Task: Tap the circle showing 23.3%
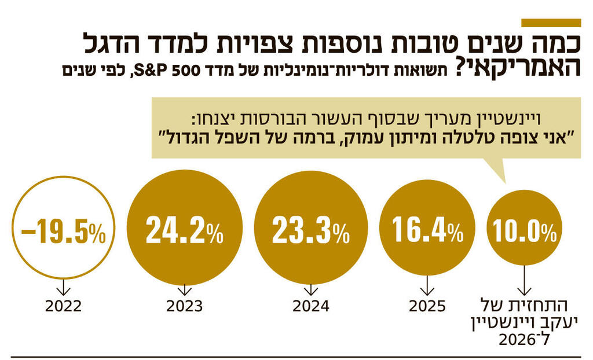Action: click(x=310, y=230)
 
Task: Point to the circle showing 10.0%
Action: click(x=525, y=232)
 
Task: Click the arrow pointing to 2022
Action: click(x=64, y=288)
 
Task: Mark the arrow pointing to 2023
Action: click(x=184, y=289)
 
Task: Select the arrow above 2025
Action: click(x=427, y=285)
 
